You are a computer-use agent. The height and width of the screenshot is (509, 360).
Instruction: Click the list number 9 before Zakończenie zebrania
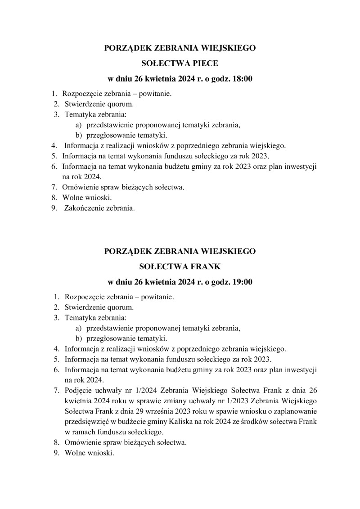coord(54,208)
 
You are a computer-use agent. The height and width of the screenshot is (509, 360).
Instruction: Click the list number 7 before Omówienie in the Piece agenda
coord(54,187)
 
